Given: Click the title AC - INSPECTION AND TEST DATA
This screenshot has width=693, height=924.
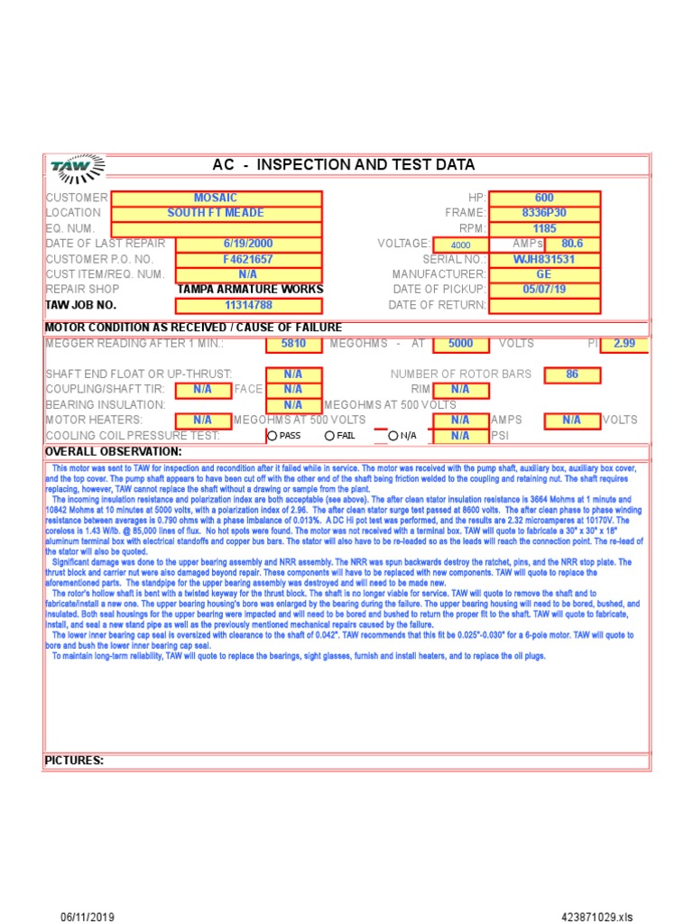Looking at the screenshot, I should (x=343, y=165).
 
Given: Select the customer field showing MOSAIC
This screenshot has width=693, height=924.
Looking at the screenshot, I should (x=216, y=198).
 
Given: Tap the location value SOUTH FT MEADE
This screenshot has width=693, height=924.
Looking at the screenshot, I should (x=216, y=213).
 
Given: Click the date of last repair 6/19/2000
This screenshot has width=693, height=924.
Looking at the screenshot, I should (x=248, y=244).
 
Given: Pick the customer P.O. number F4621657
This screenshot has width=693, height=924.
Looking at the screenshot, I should (x=248, y=259).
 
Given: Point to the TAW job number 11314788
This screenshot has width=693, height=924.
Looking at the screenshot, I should (x=248, y=305).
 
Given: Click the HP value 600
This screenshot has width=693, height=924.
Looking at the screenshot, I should (x=544, y=198).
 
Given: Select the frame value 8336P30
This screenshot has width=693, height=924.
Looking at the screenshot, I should (x=544, y=213).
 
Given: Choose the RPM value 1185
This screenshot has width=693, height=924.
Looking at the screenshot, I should (x=544, y=228).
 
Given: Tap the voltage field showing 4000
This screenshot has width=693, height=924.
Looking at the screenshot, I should (x=460, y=245).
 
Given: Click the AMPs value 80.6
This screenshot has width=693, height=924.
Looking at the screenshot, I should (x=572, y=244).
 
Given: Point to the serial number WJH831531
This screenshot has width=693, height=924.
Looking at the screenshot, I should (x=544, y=259).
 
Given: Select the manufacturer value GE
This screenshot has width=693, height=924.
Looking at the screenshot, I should (x=544, y=274).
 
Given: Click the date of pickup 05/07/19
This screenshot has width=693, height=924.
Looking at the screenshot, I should (x=544, y=290).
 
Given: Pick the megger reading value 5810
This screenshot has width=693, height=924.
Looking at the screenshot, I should (x=293, y=344).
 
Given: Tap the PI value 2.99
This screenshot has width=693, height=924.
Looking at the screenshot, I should (x=624, y=344).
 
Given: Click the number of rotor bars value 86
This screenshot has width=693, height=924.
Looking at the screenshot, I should (x=572, y=374).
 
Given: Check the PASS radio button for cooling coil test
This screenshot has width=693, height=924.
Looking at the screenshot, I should (x=273, y=436).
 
